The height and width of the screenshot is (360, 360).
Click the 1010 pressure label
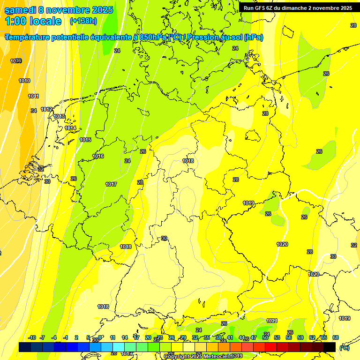(x=24, y=81)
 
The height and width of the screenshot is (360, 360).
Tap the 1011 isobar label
(x=33, y=96)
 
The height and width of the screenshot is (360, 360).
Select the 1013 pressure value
(x=59, y=116)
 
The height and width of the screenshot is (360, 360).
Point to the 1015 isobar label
(x=85, y=140)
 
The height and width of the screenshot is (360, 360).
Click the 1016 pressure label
(x=98, y=156)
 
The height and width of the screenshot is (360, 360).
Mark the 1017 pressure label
(x=111, y=184)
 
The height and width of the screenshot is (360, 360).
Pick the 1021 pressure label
(x=272, y=321)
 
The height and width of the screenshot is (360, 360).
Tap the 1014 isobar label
(x=70, y=128)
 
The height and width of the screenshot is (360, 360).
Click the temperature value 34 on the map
(x=34, y=111)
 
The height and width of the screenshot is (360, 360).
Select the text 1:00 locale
(x=33, y=21)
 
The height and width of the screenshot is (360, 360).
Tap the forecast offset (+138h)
(x=83, y=21)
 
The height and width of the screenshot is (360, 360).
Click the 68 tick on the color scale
(x=336, y=337)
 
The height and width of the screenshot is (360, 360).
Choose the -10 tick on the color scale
(x=32, y=337)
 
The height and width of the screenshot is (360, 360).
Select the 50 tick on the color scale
(x=265, y=337)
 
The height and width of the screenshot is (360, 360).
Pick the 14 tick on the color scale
(x=125, y=337)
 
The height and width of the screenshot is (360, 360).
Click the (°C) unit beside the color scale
(x=344, y=347)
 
